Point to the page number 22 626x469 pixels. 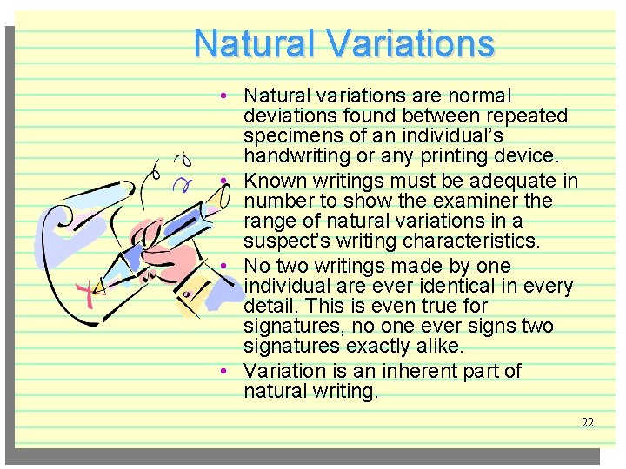(x=588, y=422)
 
